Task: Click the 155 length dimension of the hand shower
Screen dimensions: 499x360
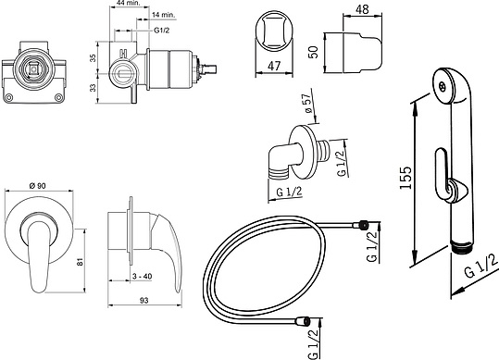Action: (405, 178)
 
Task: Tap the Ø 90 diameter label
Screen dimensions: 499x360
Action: (38, 186)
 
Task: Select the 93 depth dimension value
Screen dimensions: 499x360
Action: (144, 300)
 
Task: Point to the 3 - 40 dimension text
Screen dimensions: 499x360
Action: (143, 277)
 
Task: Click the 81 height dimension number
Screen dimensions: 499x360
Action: (80, 261)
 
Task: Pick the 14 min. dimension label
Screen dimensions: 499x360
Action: (164, 15)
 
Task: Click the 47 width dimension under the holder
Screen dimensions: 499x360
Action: (274, 66)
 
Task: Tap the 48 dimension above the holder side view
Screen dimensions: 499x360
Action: (362, 9)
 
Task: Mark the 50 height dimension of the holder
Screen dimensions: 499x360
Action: (313, 52)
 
